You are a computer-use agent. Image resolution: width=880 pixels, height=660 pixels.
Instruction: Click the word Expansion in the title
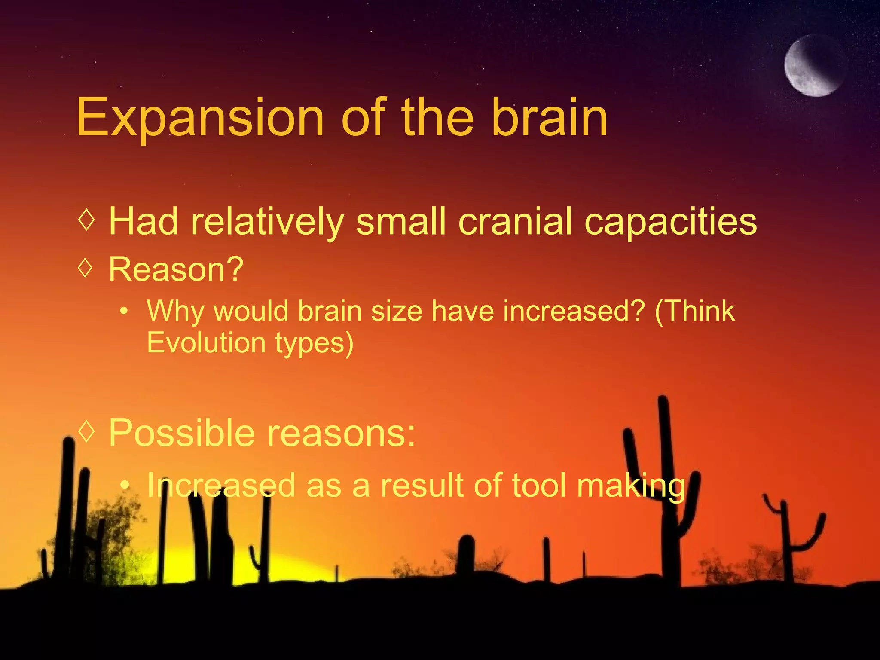pyautogui.click(x=200, y=117)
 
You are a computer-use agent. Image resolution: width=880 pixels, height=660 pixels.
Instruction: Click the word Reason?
pyautogui.click(x=176, y=269)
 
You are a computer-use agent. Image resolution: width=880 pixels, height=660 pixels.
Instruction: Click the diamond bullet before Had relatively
pyautogui.click(x=86, y=220)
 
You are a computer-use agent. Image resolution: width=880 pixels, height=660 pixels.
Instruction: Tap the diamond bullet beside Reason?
pyautogui.click(x=86, y=268)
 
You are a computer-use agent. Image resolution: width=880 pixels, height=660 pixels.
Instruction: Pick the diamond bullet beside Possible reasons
pyautogui.click(x=86, y=430)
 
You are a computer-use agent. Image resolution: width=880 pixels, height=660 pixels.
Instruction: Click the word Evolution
pyautogui.click(x=206, y=343)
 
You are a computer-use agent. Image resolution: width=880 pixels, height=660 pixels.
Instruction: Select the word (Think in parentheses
pyautogui.click(x=694, y=311)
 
